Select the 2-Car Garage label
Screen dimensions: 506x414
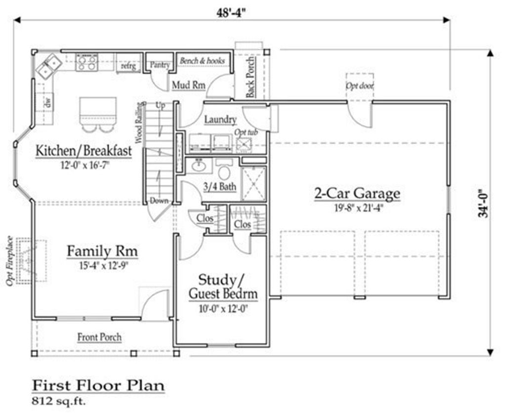358,194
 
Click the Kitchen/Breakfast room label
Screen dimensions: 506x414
84,151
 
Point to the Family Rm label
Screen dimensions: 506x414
102,251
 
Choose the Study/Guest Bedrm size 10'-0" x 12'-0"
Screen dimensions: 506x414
223,309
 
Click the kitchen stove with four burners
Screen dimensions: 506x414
86,62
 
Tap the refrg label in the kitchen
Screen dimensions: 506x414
128,66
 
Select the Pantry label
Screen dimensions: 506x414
160,65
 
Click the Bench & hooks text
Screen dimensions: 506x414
202,60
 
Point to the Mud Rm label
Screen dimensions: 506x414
189,85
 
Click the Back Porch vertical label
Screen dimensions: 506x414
251,78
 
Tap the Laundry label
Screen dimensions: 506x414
220,120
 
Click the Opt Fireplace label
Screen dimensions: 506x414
10,261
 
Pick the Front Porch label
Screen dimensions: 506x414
99,337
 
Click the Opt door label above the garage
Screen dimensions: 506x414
360,86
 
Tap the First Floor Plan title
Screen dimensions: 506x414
98,386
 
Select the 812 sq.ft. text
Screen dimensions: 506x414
59,402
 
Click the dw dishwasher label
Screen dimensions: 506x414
48,103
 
